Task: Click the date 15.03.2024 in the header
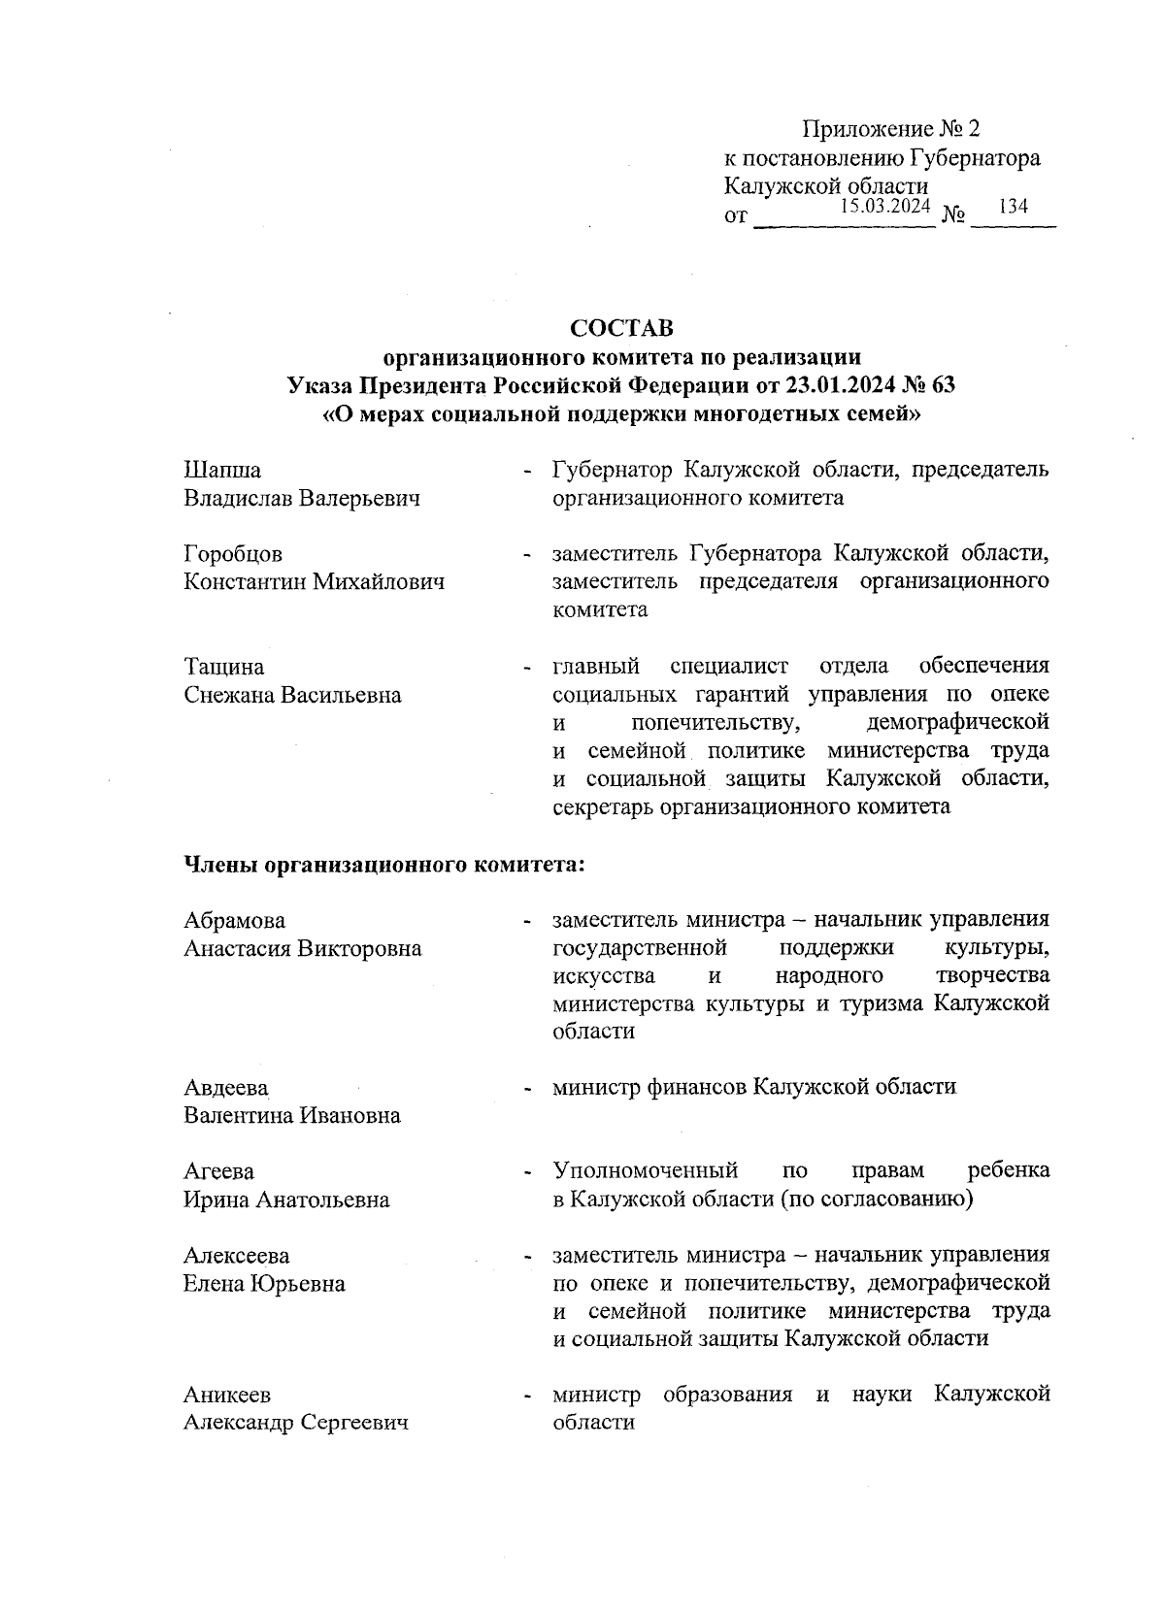(x=884, y=206)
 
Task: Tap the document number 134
(x=1013, y=207)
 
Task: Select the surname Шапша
(x=222, y=471)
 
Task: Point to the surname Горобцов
(x=233, y=555)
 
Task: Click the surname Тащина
(x=224, y=668)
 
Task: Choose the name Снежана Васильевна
(x=292, y=696)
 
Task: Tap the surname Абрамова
(x=235, y=920)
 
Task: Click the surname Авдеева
(x=226, y=1088)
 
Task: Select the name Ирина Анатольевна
(x=286, y=1199)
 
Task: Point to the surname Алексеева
(x=237, y=1256)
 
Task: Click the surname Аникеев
(x=227, y=1396)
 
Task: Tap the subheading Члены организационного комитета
(x=383, y=864)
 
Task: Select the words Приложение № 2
(x=892, y=129)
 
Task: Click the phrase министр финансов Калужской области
(x=754, y=1087)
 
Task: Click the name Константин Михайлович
(x=315, y=583)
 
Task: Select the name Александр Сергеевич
(x=296, y=1424)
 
